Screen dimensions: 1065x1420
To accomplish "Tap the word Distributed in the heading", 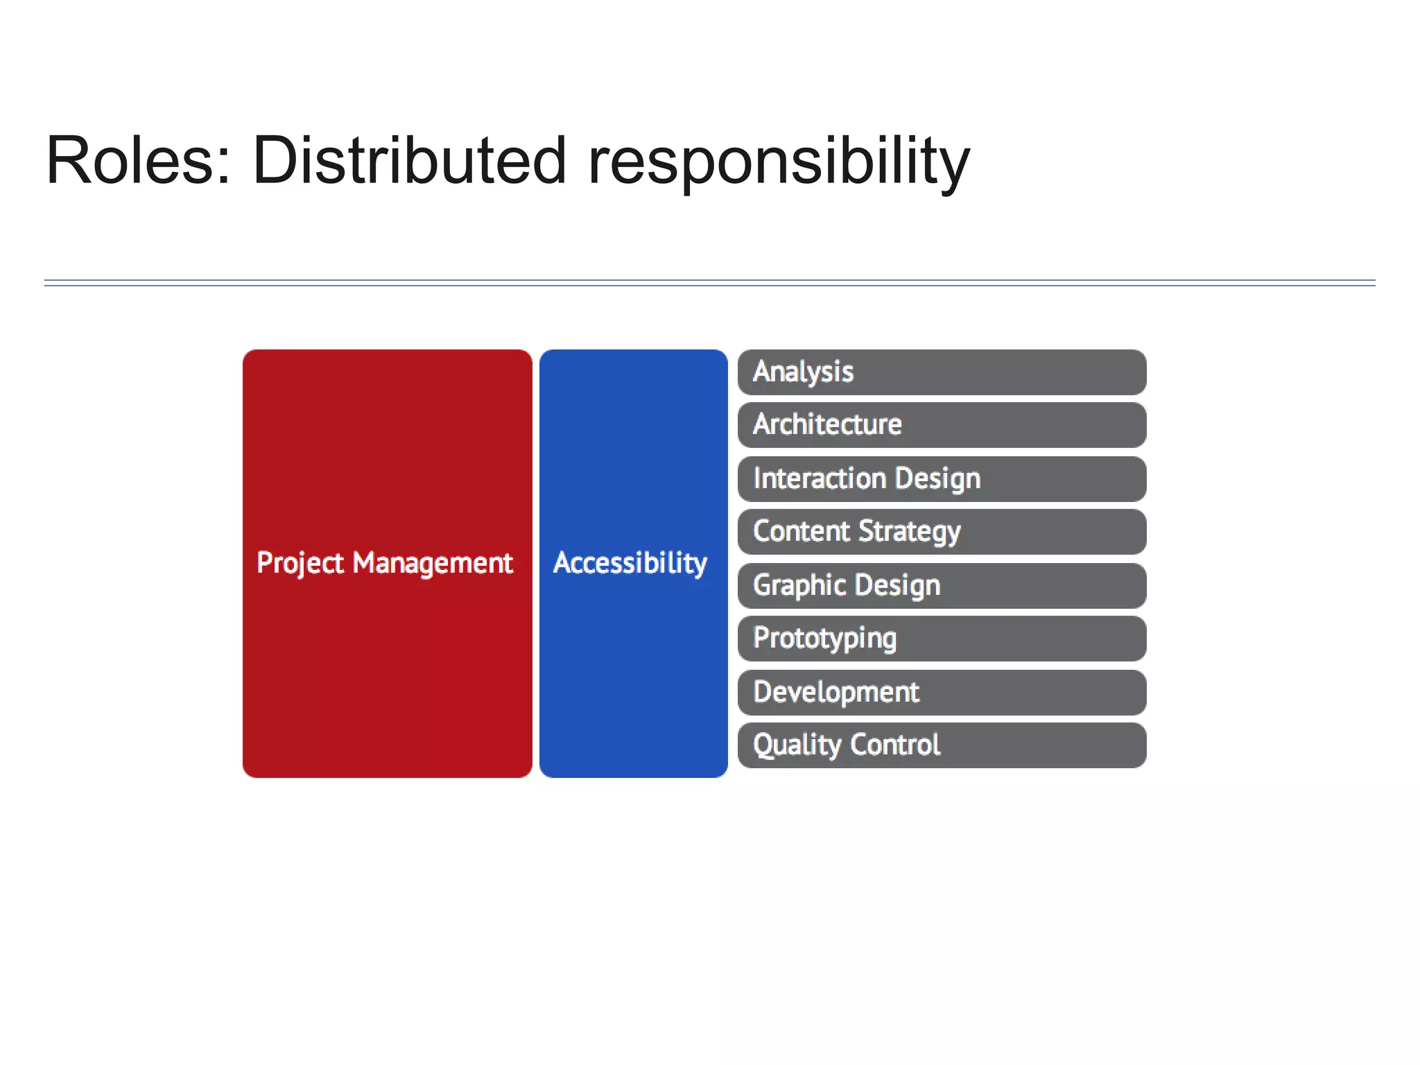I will coord(409,161).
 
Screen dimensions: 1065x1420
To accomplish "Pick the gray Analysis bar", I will coord(942,372).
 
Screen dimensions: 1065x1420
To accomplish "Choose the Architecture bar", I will coord(942,425).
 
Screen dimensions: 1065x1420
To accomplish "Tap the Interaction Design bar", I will coord(942,479).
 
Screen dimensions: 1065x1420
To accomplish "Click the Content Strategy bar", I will coord(942,532).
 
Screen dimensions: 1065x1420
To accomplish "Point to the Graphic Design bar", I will coord(942,586).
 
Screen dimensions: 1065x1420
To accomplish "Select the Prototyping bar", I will coord(942,639).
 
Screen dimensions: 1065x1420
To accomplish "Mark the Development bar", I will coord(942,693).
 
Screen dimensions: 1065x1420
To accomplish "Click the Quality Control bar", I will coord(942,745).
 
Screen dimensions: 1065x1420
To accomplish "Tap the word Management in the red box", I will coord(433,563).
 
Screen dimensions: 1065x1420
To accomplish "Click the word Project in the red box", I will coord(300,563).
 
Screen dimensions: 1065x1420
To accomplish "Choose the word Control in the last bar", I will coord(894,745).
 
